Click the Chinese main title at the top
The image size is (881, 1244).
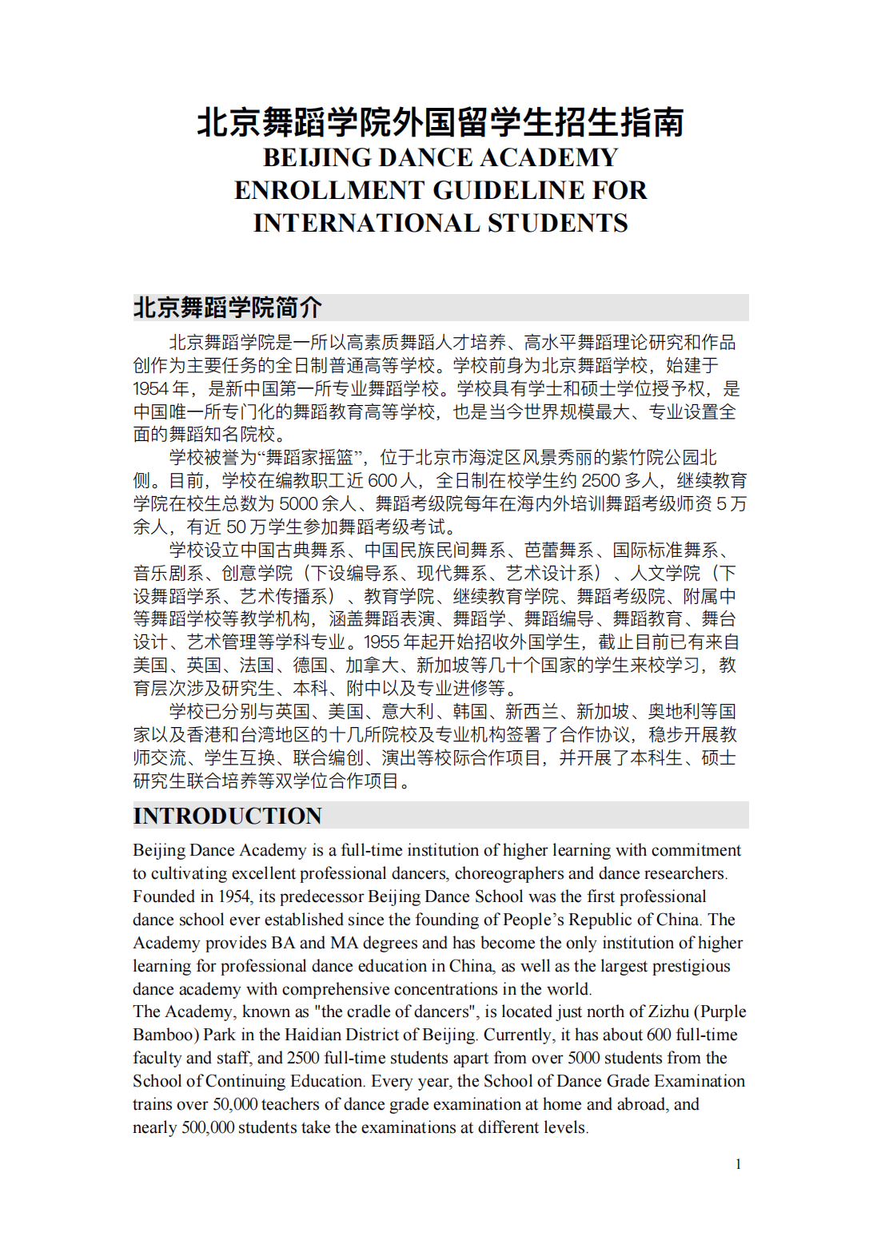click(440, 122)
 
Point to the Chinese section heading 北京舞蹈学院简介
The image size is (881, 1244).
click(228, 308)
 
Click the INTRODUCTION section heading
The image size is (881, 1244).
click(228, 816)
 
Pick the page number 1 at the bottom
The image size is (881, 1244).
click(738, 1164)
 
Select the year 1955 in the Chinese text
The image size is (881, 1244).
click(381, 642)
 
